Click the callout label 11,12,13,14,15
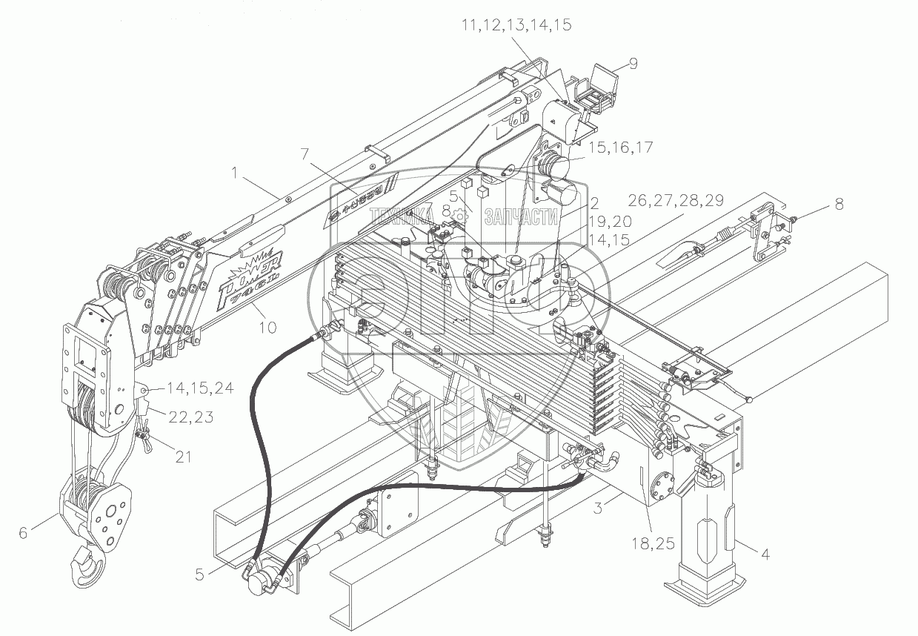click(x=516, y=25)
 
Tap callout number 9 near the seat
click(x=633, y=64)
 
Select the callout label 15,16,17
click(x=621, y=148)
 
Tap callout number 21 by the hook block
click(x=183, y=457)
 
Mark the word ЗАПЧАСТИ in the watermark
click(x=520, y=216)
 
